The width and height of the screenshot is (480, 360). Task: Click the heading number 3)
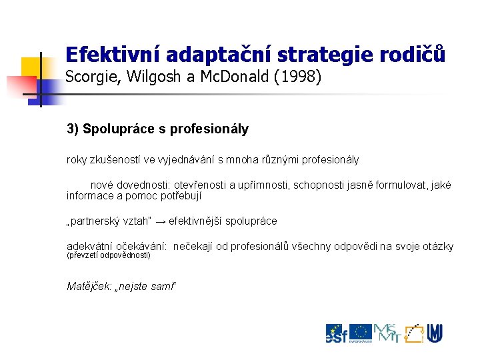(73, 129)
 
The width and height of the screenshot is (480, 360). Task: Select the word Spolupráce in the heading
(117, 129)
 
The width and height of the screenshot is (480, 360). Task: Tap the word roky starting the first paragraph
(77, 160)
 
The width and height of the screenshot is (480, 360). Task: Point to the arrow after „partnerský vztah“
(161, 221)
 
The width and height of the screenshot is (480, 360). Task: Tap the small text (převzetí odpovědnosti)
(109, 255)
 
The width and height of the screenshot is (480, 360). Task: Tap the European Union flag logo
(361, 332)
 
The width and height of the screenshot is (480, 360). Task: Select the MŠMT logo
(387, 333)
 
